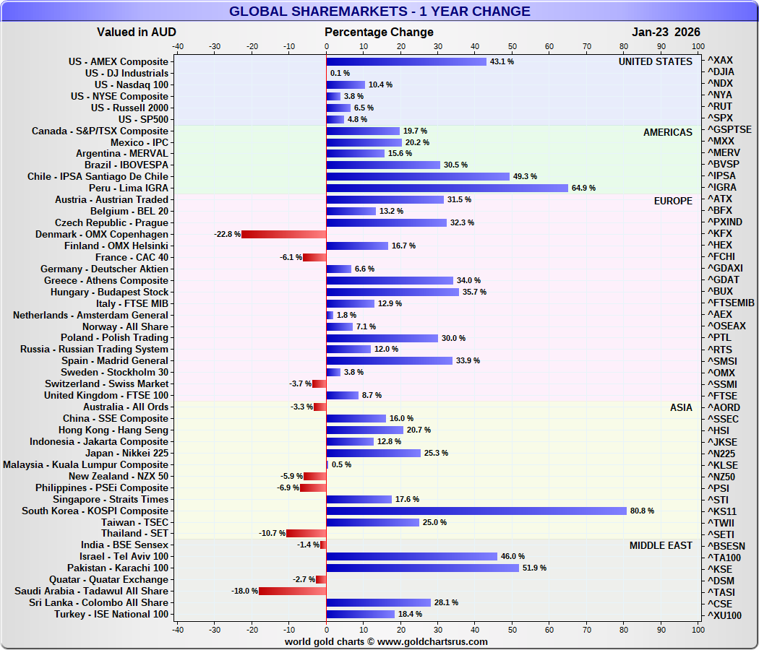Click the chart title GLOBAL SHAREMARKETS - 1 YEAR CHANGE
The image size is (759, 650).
tap(379, 12)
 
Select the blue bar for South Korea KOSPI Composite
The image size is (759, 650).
tap(476, 511)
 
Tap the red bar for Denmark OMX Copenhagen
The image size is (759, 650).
tap(284, 234)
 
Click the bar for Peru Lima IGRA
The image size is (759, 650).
tap(447, 188)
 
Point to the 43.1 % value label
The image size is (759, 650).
tap(502, 62)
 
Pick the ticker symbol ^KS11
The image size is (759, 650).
tap(721, 511)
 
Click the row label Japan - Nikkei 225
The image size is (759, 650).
tap(126, 453)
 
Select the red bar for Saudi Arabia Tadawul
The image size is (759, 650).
tap(293, 591)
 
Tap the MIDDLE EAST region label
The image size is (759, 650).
tap(661, 545)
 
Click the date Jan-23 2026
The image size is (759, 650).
tap(666, 32)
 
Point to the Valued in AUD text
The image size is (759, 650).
tap(137, 32)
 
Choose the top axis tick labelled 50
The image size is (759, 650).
tap(512, 46)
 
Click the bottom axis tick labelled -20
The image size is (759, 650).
tap(252, 629)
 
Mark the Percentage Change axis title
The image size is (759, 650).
tap(379, 32)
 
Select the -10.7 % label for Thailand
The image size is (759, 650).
tap(271, 534)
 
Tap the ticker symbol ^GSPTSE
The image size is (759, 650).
tap(729, 130)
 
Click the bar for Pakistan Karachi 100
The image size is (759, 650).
tap(422, 568)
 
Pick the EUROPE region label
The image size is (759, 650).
tap(673, 201)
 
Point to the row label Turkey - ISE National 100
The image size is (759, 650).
tap(111, 614)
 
